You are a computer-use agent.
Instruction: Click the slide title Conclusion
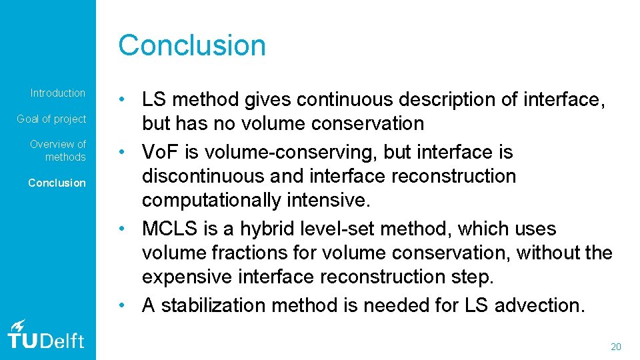[192, 45]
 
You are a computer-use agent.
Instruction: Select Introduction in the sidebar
[58, 93]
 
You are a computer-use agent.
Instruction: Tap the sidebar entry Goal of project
[51, 119]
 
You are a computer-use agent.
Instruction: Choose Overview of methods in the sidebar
[58, 150]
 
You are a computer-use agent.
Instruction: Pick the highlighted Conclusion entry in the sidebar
[57, 183]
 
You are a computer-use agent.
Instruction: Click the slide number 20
[615, 347]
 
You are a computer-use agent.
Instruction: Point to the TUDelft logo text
[46, 341]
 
